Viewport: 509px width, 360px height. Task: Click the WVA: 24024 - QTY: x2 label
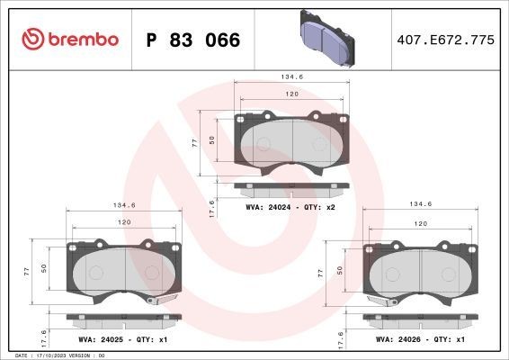(x=290, y=206)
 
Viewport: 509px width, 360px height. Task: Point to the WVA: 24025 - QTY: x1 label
(x=124, y=341)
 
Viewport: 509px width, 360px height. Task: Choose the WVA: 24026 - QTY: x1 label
(x=419, y=341)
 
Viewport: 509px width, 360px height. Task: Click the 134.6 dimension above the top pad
(x=290, y=77)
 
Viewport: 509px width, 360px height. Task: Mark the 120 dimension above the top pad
(x=291, y=94)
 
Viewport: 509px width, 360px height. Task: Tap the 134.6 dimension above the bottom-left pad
(x=125, y=204)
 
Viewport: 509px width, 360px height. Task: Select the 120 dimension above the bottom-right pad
(x=420, y=222)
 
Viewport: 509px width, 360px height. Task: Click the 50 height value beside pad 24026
(x=340, y=270)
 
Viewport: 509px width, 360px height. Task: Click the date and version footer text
(x=55, y=355)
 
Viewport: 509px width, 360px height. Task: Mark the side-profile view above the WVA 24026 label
(x=418, y=319)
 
